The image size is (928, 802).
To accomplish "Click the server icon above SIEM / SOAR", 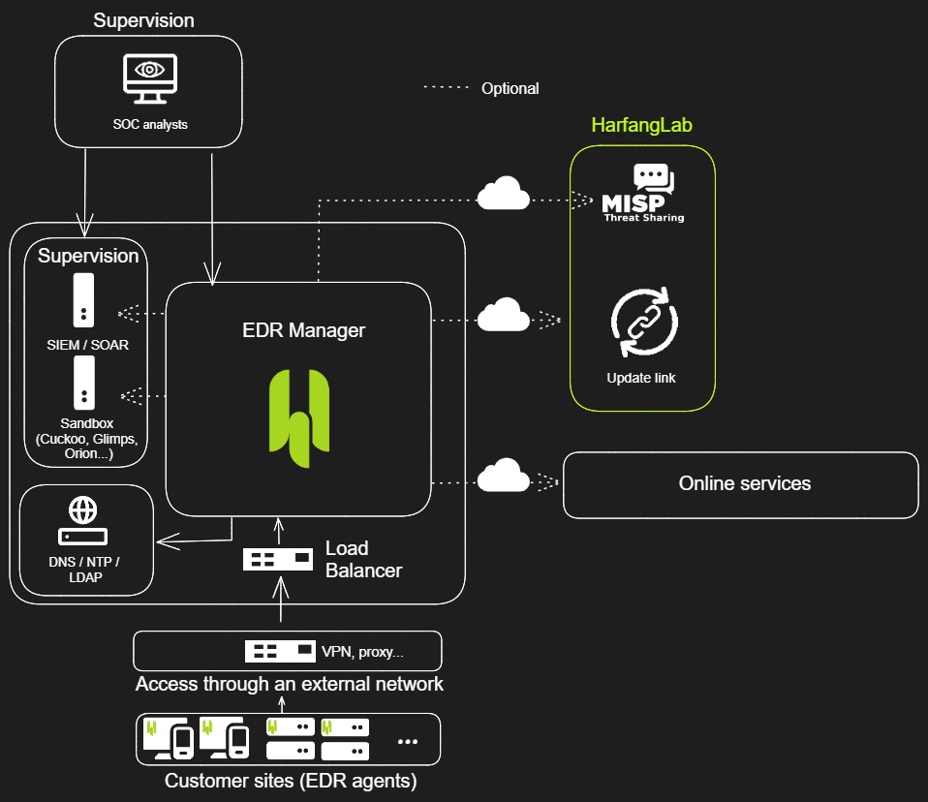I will (84, 299).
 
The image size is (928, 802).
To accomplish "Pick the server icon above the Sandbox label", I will (84, 382).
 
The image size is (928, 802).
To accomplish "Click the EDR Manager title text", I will (303, 330).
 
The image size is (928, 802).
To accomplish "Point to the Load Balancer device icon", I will (278, 559).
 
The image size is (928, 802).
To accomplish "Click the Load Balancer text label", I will (362, 559).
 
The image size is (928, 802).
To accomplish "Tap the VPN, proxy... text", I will (362, 651).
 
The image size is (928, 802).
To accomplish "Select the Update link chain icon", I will (644, 323).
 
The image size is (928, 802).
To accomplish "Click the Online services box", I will (741, 484).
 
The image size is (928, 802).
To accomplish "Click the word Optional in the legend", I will (510, 88).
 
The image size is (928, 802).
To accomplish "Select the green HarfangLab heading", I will (642, 126).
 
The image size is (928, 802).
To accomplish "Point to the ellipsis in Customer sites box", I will (408, 742).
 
